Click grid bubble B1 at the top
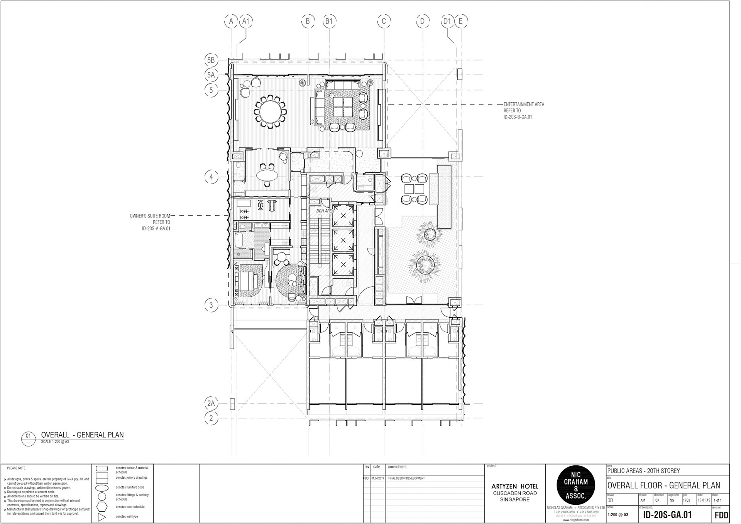329,21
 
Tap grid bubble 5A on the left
211,75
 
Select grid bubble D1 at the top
447,21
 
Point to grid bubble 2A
211,404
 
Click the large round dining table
271,112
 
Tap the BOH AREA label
325,211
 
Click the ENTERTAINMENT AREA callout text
524,105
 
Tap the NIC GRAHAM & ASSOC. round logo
575,485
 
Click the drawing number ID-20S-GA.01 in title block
667,515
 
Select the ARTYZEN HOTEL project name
515,486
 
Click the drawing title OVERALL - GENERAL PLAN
82,435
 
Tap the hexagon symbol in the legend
102,507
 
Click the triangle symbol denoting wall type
102,517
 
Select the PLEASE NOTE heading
16,468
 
